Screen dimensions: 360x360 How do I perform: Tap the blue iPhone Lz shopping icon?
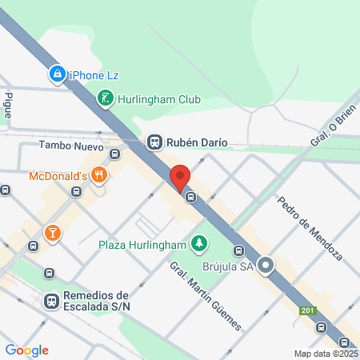57,74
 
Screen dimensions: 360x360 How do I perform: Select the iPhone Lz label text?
94,74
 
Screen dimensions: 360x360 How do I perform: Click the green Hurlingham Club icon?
105,99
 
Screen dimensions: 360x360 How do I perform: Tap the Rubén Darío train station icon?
154,142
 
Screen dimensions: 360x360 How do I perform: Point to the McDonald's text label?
58,176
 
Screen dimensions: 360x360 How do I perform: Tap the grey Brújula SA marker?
266,265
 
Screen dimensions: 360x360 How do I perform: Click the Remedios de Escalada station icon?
50,300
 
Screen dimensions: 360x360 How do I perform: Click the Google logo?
26,350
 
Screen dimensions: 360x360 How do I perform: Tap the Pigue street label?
9,105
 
